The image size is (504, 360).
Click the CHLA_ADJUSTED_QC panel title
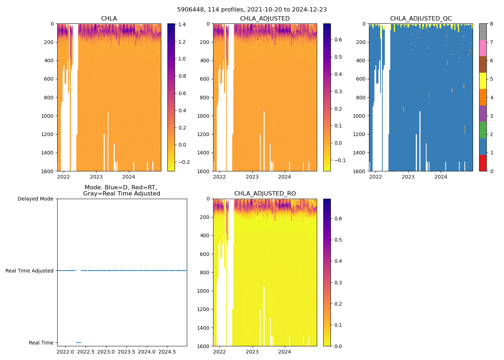421,19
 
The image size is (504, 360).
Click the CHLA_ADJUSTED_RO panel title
265,194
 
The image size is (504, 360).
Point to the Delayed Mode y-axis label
35,199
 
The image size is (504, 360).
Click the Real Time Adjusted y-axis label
30,271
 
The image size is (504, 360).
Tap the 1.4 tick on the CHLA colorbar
182,24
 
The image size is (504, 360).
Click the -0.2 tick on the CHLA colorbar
183,162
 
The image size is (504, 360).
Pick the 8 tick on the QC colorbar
491,24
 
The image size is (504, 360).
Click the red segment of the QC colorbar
483,163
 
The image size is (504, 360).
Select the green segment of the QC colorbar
483,130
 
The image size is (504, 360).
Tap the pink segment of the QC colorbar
483,48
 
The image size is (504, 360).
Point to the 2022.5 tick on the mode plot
85,351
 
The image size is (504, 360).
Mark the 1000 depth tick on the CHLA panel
47,116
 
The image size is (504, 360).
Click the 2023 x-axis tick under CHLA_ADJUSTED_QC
408,177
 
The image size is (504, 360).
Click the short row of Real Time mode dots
78,342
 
